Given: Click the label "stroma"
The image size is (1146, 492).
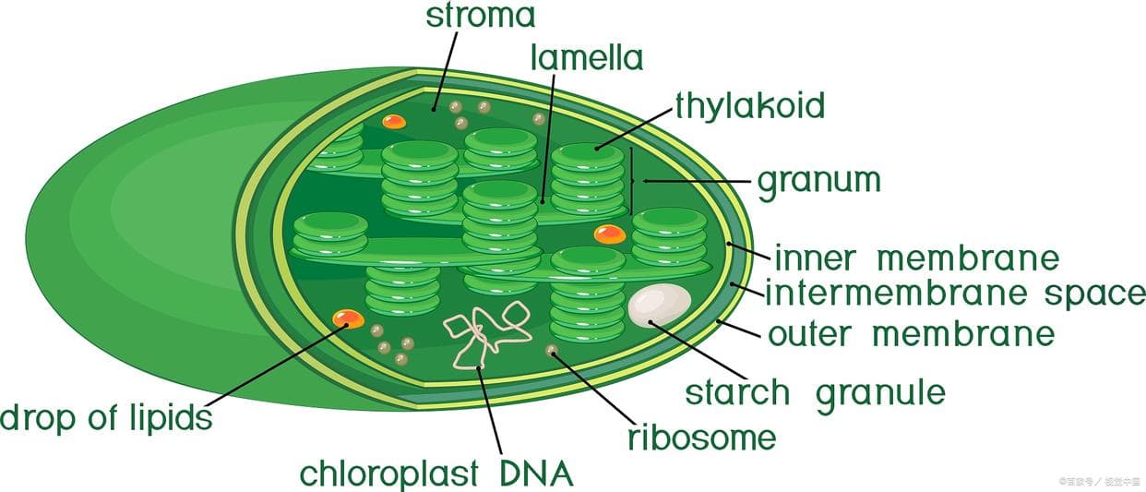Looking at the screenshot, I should click(x=480, y=17).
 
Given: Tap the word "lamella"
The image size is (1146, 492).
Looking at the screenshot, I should click(x=586, y=57).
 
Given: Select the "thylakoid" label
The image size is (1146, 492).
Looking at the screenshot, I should click(x=749, y=105).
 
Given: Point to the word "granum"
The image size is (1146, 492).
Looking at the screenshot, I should click(x=818, y=180).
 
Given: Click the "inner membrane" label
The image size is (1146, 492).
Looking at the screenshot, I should click(x=915, y=258).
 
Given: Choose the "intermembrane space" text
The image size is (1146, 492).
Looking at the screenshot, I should click(x=954, y=294).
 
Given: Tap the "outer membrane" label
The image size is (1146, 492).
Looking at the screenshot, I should click(x=911, y=333).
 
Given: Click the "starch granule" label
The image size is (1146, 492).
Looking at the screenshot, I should click(x=815, y=392).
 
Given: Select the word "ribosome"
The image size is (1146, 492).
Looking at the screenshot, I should click(x=701, y=437).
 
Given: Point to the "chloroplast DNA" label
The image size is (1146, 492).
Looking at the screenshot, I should click(x=436, y=474).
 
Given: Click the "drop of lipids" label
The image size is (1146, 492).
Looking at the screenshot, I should click(x=106, y=417).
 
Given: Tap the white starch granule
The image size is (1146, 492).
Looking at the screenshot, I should click(x=659, y=306).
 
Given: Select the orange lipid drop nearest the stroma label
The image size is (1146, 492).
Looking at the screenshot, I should click(x=394, y=122).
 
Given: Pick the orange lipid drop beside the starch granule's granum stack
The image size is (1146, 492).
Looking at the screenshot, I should click(x=609, y=234).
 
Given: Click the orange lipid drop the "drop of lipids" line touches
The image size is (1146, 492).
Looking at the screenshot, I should click(x=348, y=318).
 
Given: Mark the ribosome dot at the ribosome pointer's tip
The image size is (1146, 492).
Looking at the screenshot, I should click(x=552, y=351).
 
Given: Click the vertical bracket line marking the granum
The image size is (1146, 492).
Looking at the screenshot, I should click(x=631, y=181).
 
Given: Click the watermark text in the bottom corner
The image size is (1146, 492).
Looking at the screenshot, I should click(x=1100, y=481).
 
